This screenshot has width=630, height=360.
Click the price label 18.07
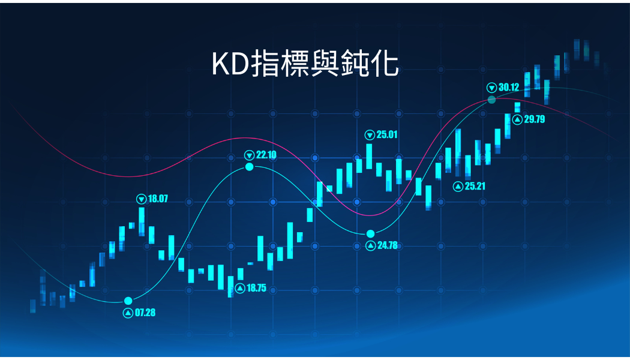[158, 199]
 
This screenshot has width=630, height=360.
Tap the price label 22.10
[266, 155]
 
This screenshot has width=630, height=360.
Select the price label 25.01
[387, 134]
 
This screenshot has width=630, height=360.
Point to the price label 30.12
[509, 87]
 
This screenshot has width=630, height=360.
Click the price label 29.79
[535, 119]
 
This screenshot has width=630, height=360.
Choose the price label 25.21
[475, 186]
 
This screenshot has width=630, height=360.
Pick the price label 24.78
[388, 245]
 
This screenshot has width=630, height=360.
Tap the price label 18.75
[256, 288]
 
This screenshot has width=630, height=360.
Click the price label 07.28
[145, 313]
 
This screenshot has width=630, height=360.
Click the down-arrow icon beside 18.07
[142, 199]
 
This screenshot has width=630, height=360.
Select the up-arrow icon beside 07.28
[128, 313]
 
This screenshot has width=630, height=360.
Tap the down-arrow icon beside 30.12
[492, 88]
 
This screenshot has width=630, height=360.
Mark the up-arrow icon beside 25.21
[458, 187]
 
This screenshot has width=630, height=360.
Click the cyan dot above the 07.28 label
[128, 301]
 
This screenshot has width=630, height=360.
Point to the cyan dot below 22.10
[250, 167]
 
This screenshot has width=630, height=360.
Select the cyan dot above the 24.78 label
[370, 234]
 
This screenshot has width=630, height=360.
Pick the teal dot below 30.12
[492, 100]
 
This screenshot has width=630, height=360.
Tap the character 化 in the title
[386, 64]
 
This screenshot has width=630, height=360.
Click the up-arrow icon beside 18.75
[240, 289]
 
